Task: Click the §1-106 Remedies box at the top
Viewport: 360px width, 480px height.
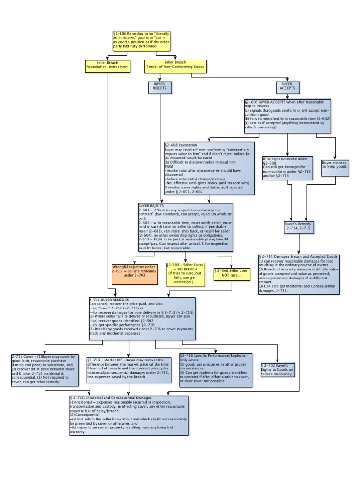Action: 141,41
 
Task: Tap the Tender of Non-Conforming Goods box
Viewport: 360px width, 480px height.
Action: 175,66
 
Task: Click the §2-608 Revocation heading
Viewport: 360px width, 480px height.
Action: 181,145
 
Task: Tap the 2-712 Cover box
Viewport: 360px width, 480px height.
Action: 44,370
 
